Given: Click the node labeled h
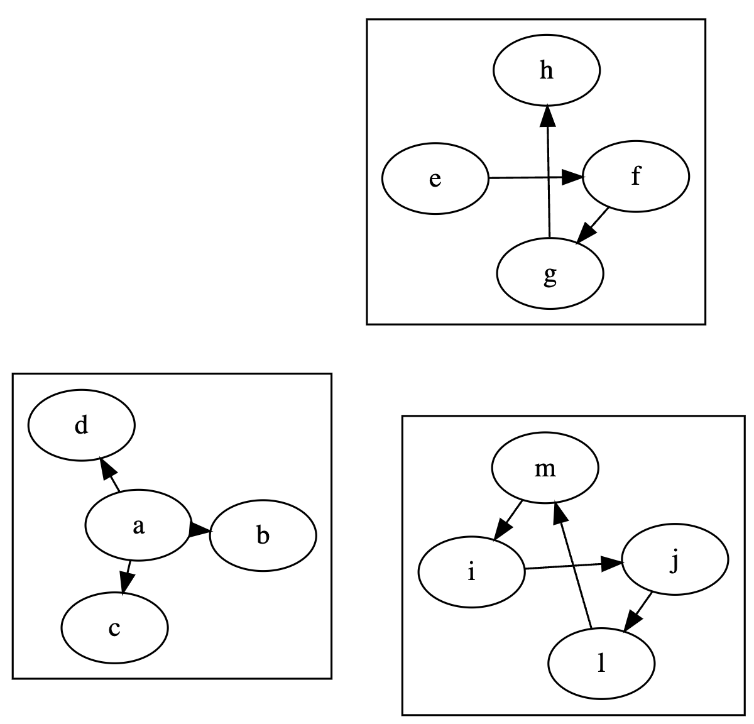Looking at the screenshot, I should pos(547,70).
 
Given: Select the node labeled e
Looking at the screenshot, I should pos(435,179).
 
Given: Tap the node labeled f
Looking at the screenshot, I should pos(636,177).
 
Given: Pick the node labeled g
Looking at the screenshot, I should pos(550,274).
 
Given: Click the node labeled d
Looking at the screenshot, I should pos(81,425).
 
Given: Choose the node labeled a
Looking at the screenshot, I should pos(138,525).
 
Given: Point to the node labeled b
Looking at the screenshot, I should pos(263,536).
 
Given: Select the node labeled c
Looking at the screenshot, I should pos(114,627).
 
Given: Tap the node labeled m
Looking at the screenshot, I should pos(545,468).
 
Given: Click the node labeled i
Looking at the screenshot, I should pos(471,573).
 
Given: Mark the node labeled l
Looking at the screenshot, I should pos(601,663).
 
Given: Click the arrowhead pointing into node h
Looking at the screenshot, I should pos(548,115).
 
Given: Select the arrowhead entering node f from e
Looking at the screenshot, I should pos(573,178).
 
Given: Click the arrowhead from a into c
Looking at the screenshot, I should pos(125,584).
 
